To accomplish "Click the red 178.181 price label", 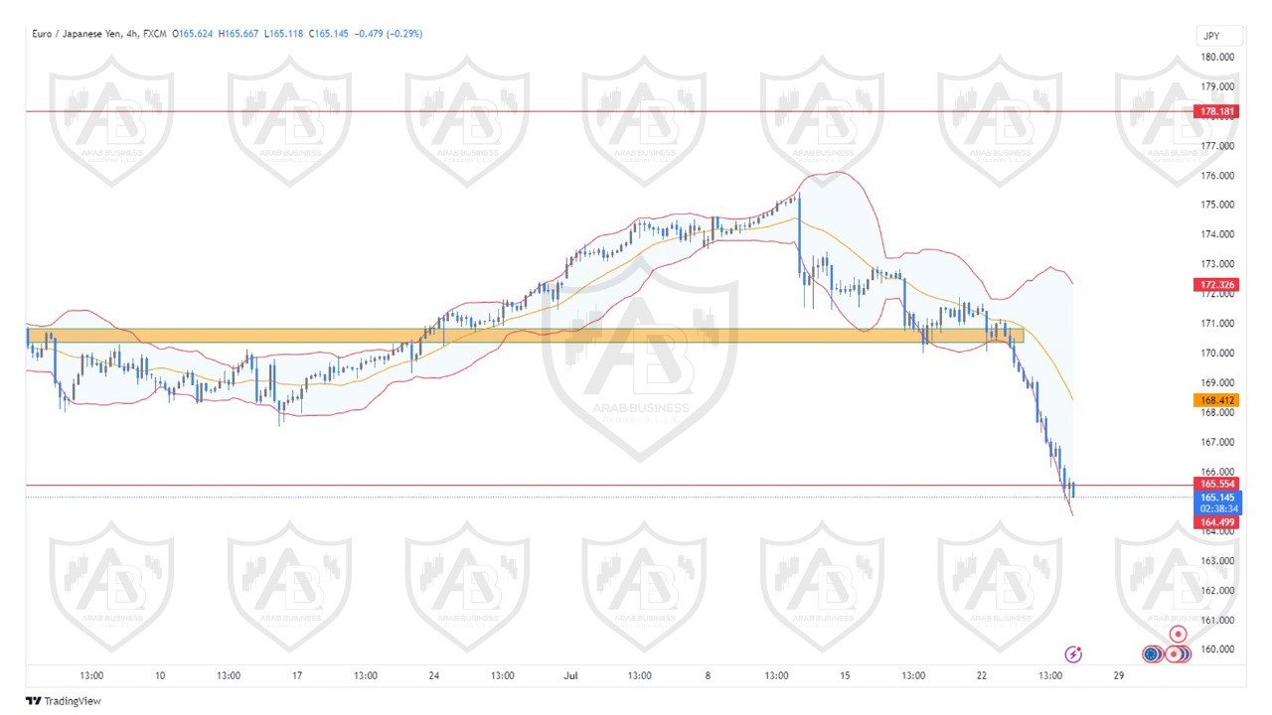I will tap(1214, 111).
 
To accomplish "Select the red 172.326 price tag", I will tap(1214, 285).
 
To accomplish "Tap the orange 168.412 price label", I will tap(1214, 400).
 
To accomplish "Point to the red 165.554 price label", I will tap(1214, 485).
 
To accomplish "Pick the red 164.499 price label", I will tap(1214, 522).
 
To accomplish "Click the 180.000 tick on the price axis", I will tap(1217, 57).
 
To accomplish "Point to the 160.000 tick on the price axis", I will tap(1217, 649).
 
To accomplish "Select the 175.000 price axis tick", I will tap(1217, 205).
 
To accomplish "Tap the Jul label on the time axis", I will tap(570, 676).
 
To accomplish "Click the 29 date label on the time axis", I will tap(1118, 676).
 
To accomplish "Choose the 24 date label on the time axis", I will tap(434, 676).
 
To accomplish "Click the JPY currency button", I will tap(1211, 36).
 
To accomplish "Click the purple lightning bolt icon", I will tap(1073, 653).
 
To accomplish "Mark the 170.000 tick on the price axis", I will tap(1217, 353).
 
